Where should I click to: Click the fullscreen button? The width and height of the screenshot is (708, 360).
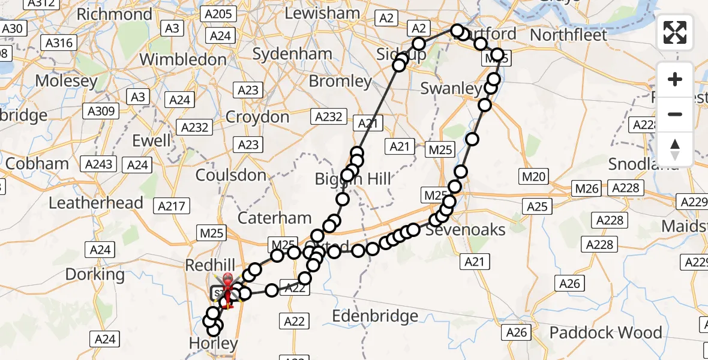[675, 32]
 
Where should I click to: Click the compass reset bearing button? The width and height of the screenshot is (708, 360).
[675, 149]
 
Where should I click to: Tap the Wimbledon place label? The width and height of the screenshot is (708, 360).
[183, 59]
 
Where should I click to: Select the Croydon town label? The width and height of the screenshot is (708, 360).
[257, 116]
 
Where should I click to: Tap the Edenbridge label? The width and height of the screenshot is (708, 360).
[374, 316]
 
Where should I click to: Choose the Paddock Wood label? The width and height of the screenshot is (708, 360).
[606, 332]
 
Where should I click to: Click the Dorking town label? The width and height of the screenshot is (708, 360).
[95, 275]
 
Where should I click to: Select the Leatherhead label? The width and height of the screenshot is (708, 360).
[96, 203]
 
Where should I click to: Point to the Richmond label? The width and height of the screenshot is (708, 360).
[115, 14]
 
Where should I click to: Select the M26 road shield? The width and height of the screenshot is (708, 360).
[587, 188]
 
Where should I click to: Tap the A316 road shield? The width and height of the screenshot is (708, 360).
[59, 43]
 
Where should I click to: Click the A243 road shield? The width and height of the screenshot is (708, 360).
[99, 164]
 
